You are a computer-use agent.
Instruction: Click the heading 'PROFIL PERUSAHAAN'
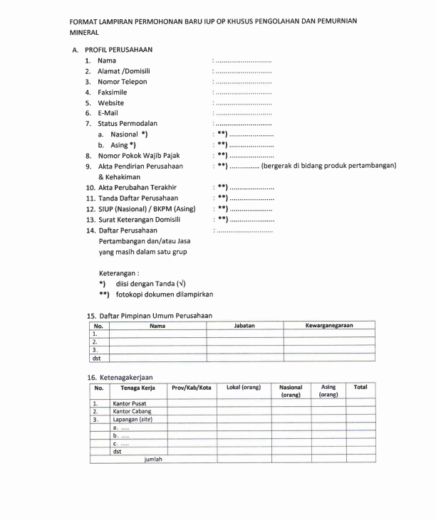coord(118,50)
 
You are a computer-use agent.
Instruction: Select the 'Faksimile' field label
coord(112,92)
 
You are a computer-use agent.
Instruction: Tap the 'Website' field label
coord(110,103)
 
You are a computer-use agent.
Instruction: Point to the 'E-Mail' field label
coord(108,113)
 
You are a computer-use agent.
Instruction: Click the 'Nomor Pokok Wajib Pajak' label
coord(138,156)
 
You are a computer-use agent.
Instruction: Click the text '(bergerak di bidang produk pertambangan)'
coord(328,166)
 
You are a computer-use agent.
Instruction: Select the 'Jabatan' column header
coord(244,326)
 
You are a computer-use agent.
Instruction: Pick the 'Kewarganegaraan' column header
coord(329,326)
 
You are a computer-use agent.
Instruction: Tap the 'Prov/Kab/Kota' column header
coord(191,388)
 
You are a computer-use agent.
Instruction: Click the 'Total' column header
coord(360,388)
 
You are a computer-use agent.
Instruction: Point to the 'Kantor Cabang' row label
coord(132,411)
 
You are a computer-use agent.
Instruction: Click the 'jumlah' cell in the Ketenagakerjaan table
coord(153,460)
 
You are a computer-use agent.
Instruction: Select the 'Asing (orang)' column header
coord(328,391)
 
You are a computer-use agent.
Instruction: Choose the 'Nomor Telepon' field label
coord(123,82)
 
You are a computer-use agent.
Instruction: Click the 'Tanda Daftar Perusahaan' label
coord(138,198)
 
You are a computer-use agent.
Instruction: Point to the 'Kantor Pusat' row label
coord(130,403)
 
